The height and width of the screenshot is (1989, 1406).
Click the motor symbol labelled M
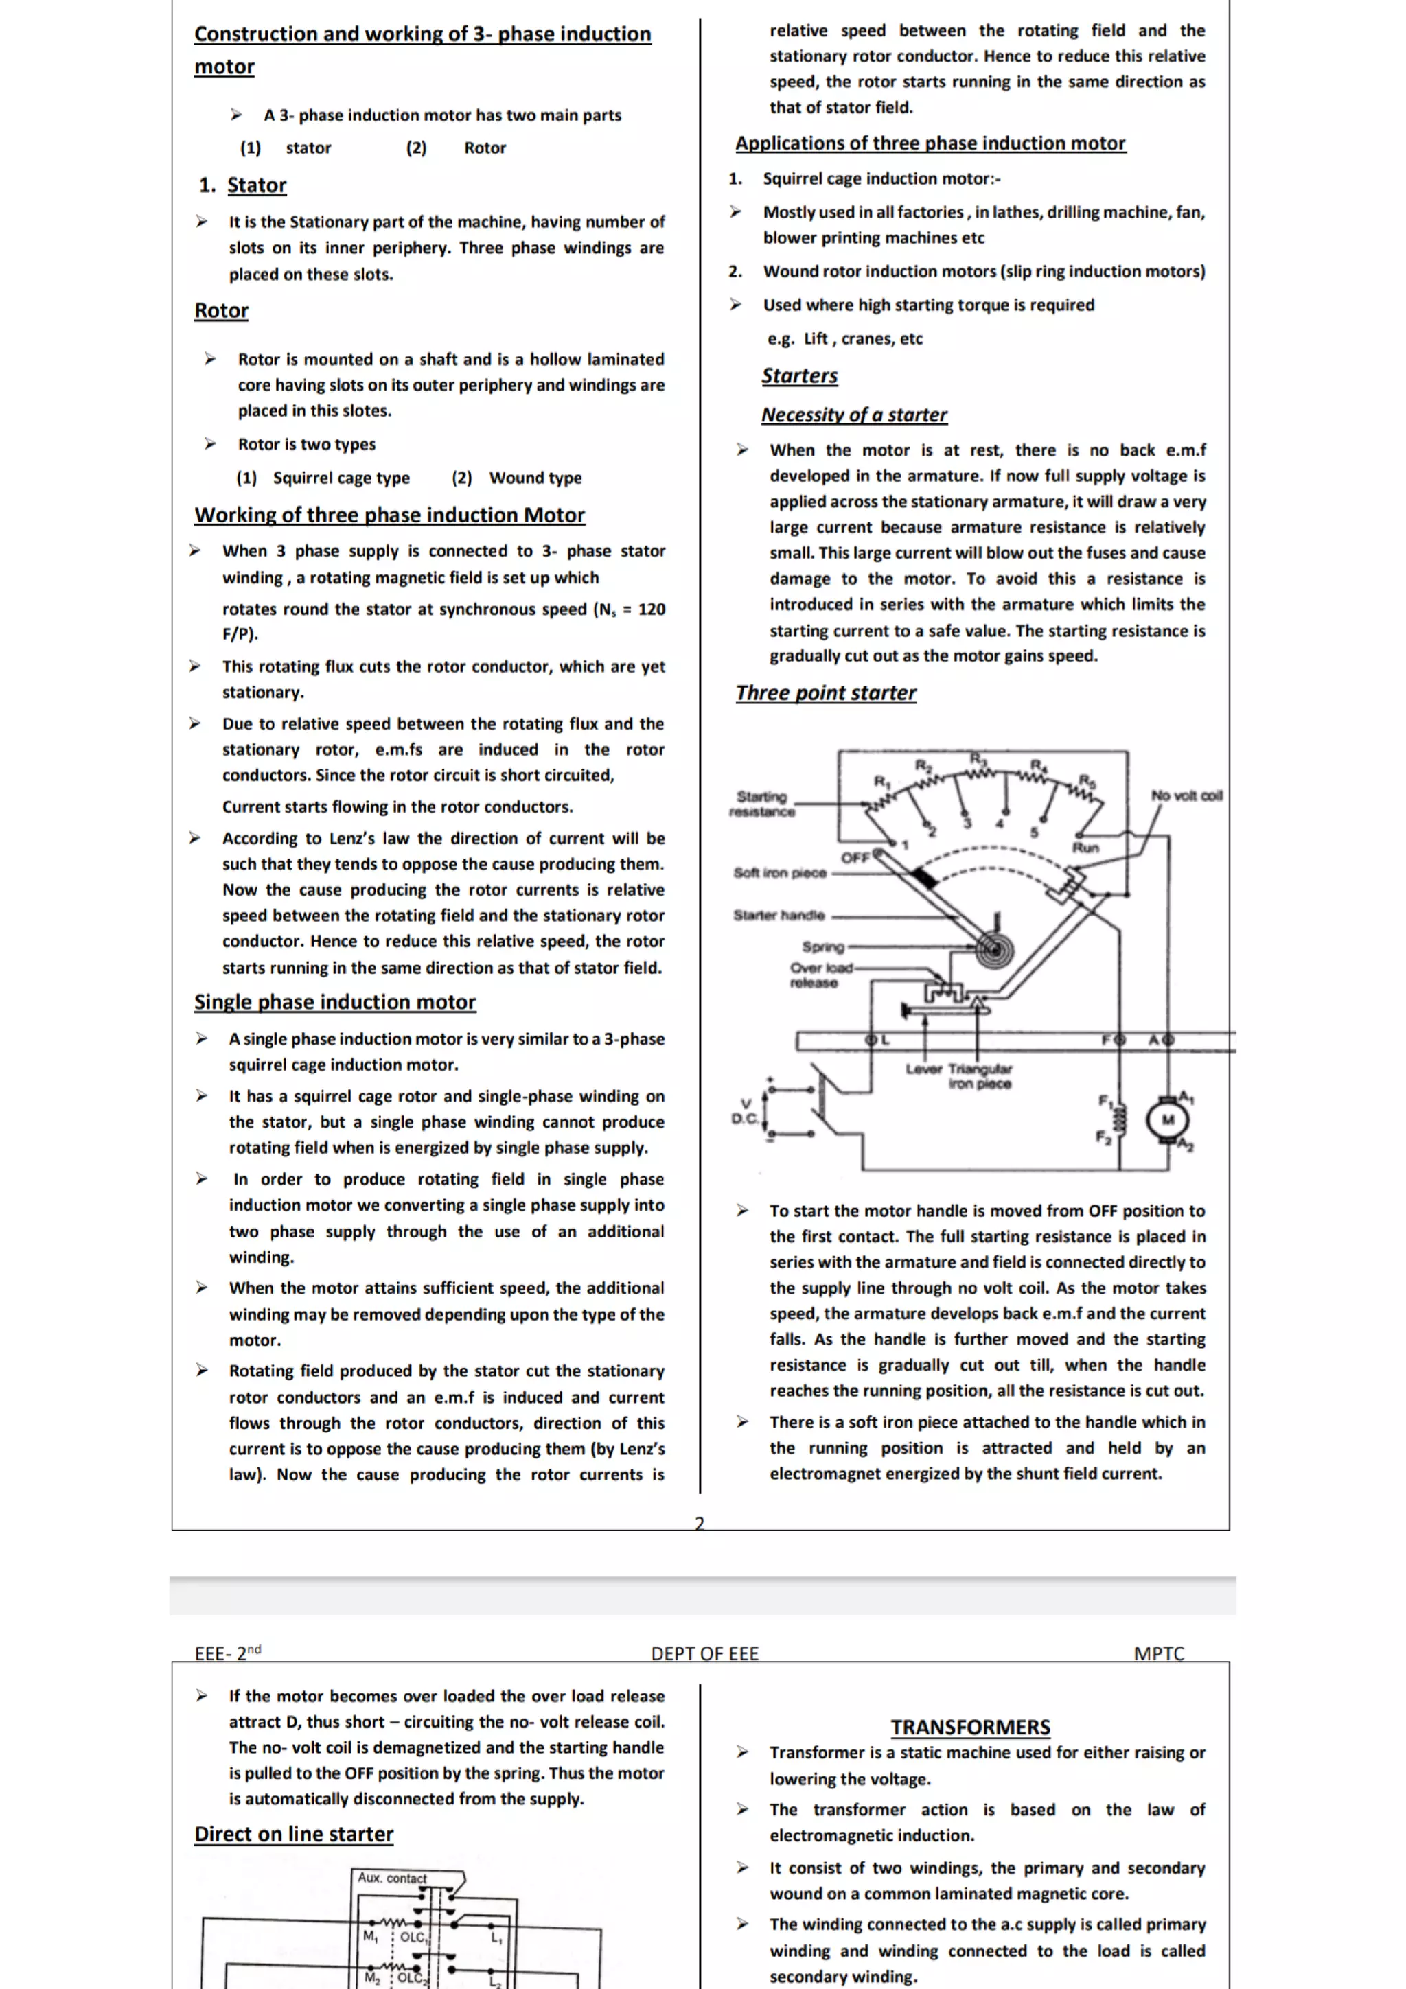(1167, 1119)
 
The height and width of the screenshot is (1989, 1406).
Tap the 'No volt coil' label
(1186, 795)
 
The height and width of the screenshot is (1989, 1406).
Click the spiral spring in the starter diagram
(993, 949)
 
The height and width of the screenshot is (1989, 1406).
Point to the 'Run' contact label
(1085, 847)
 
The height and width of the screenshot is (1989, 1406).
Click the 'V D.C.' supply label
(745, 1110)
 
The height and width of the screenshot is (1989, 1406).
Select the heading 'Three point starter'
(826, 693)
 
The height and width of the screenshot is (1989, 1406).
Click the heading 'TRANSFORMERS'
(970, 1727)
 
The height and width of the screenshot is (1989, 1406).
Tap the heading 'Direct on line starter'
(294, 1834)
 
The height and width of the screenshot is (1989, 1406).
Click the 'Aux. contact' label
(393, 1878)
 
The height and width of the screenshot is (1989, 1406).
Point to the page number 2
(700, 1523)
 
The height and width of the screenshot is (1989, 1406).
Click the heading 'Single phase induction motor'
(334, 1002)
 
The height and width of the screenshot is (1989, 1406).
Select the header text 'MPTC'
(1158, 1653)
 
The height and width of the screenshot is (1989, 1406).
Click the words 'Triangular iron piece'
(980, 1076)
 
